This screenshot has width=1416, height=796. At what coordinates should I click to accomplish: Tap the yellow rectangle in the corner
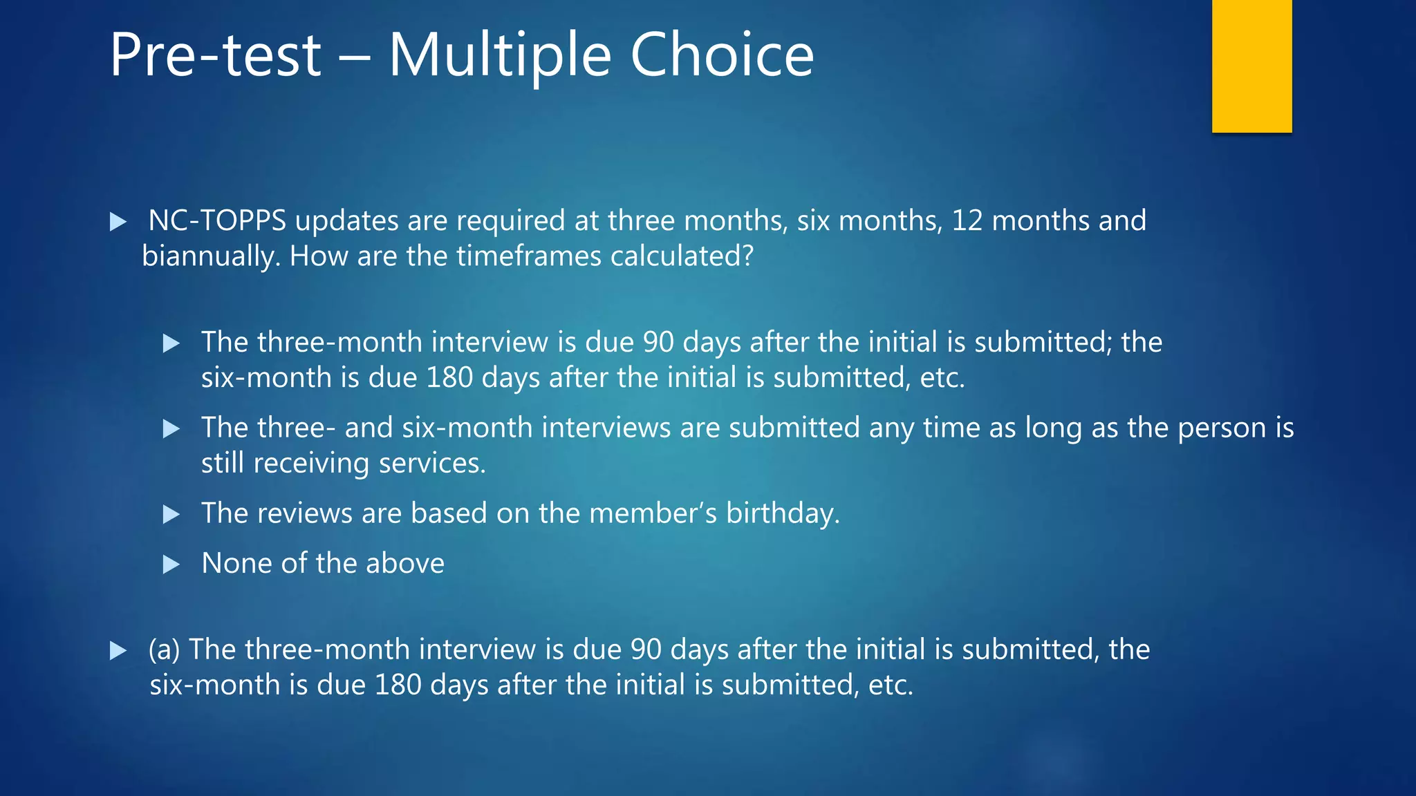coord(1251,66)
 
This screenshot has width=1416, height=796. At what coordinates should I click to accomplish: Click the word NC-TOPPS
coord(217,221)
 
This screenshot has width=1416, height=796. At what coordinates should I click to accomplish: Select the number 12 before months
coord(967,221)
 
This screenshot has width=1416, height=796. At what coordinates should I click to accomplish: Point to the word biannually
coord(211,257)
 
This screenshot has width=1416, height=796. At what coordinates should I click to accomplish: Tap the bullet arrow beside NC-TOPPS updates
coord(118,222)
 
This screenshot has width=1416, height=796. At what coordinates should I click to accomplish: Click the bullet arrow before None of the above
coord(171,565)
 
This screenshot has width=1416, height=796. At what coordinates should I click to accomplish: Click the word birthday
coord(782,514)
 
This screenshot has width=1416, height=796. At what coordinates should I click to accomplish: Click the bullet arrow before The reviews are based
coord(171,515)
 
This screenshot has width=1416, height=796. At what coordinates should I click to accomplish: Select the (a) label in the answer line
coord(165,650)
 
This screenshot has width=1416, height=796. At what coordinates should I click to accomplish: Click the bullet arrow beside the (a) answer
coord(118,651)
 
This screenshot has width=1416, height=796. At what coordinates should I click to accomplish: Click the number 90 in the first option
coord(658,343)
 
